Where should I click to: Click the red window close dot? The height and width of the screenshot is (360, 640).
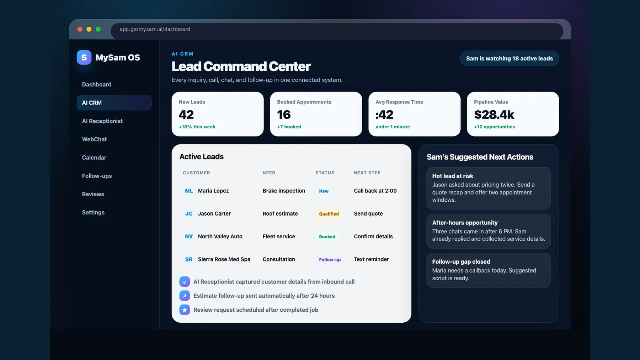pyautogui.click(x=80, y=29)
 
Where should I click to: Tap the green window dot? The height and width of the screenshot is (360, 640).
pyautogui.click(x=98, y=29)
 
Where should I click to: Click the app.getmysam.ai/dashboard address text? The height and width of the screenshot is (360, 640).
pyautogui.click(x=155, y=29)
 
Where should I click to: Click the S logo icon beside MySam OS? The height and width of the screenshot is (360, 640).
pyautogui.click(x=84, y=57)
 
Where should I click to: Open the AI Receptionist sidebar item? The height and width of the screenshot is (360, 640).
pyautogui.click(x=102, y=121)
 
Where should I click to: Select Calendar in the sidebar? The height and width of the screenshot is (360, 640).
pyautogui.click(x=94, y=158)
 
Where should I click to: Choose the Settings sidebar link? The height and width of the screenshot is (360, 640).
pyautogui.click(x=93, y=212)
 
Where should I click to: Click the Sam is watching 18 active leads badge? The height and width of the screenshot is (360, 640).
pyautogui.click(x=510, y=58)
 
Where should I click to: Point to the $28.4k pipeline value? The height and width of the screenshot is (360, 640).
pyautogui.click(x=494, y=115)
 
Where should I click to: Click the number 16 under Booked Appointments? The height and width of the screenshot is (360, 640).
pyautogui.click(x=284, y=115)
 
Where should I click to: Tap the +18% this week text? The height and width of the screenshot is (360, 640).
pyautogui.click(x=197, y=127)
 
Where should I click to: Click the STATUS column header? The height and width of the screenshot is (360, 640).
pyautogui.click(x=325, y=173)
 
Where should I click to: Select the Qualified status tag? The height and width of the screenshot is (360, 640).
pyautogui.click(x=329, y=214)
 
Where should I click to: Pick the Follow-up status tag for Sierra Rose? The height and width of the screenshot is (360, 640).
pyautogui.click(x=330, y=260)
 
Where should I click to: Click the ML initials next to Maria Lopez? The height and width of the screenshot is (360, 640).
pyautogui.click(x=189, y=191)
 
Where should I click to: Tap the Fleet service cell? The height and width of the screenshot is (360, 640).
pyautogui.click(x=279, y=237)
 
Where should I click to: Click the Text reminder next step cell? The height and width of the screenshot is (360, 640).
pyautogui.click(x=372, y=259)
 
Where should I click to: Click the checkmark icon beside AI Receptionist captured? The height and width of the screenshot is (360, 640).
pyautogui.click(x=185, y=282)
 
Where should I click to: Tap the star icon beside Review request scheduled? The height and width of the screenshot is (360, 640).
pyautogui.click(x=185, y=310)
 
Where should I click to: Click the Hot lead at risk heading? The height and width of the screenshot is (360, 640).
pyautogui.click(x=453, y=176)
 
